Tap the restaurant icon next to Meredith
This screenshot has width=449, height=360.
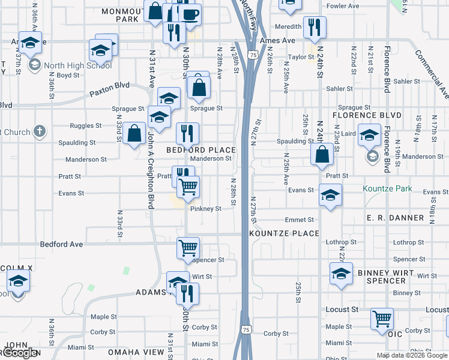coord(314,27)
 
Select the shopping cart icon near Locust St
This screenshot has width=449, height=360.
coord(382,318)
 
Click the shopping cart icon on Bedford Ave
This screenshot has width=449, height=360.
coord(188,247)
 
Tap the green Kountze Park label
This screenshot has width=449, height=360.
coord(387,188)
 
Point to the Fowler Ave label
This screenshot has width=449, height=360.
coord(342,6)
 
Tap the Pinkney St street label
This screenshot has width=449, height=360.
coord(206,209)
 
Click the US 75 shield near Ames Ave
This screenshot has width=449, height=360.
coord(255,55)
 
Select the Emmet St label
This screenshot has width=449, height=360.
coord(300,220)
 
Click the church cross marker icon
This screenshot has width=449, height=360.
coord(39,131)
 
